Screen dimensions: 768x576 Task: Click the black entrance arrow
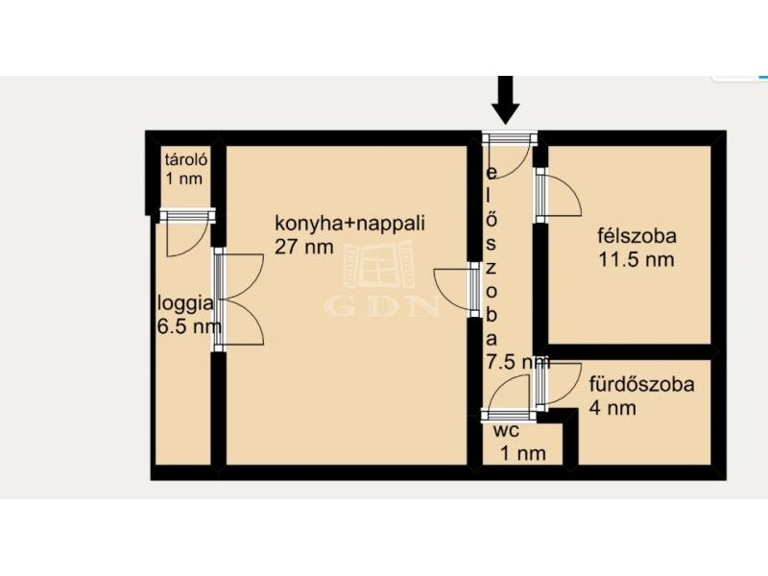[x=506, y=100]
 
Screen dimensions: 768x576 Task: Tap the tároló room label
[x=186, y=159]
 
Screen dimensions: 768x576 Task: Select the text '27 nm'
[x=303, y=247]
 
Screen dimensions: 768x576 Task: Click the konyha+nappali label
[x=349, y=224]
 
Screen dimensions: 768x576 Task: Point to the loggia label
[x=185, y=304]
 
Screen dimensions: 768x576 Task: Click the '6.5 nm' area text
[x=188, y=326]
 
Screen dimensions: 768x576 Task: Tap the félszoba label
[x=636, y=236]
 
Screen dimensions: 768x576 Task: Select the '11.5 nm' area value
[x=636, y=259]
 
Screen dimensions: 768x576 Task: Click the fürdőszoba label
[x=641, y=384]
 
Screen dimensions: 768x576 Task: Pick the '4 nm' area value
[x=612, y=407]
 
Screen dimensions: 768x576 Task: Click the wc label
[x=507, y=431]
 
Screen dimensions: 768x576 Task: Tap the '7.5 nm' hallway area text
[x=517, y=362]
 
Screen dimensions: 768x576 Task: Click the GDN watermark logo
[x=380, y=279]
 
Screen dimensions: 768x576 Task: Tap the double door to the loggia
[x=238, y=300]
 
